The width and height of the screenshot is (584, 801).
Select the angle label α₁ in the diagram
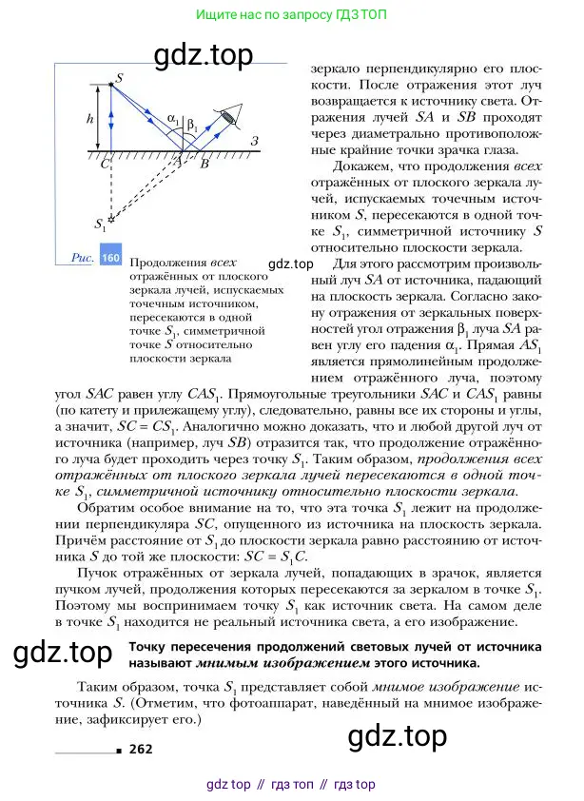tap(172, 119)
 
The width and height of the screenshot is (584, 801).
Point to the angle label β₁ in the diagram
tap(190, 124)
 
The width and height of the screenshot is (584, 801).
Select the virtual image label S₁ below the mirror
tap(101, 225)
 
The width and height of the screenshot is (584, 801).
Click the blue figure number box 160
tap(110, 258)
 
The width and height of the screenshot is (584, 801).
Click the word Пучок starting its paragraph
tap(98, 576)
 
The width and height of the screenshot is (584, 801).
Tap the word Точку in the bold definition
tap(150, 647)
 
